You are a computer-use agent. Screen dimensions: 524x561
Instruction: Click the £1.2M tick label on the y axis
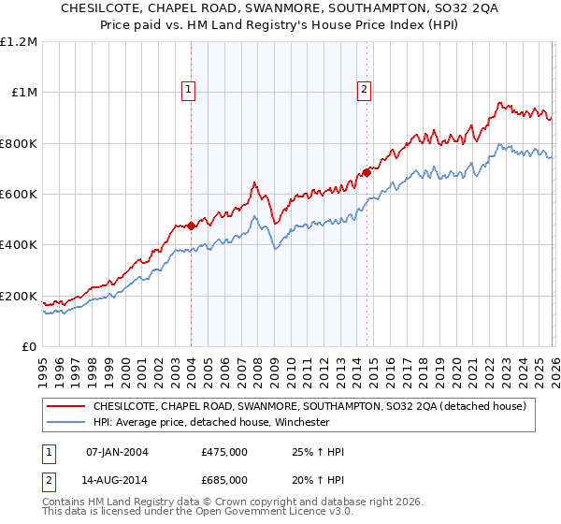19,41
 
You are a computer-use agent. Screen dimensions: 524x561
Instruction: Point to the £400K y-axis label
19,245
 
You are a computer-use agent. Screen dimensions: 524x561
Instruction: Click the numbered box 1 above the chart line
189,90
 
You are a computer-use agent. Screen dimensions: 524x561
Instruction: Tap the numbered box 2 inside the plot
363,90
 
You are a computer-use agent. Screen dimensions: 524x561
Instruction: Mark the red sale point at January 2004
191,226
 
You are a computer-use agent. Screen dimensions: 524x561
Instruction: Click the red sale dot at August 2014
367,172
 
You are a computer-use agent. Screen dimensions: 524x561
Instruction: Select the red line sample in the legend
65,407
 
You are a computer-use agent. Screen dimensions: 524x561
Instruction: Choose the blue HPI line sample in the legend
65,423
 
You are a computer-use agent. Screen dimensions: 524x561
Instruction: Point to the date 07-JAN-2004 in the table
117,452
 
